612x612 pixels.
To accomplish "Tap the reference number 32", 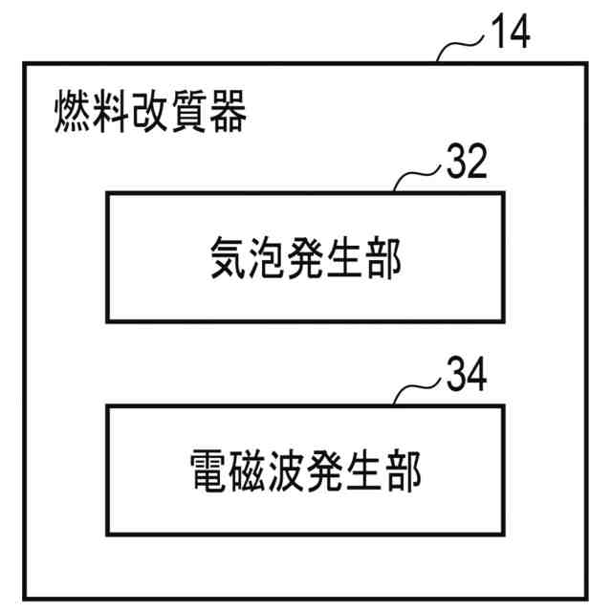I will pos(467,164).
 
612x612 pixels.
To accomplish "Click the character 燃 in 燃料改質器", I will pos(73,114).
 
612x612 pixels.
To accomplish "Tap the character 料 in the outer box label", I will pos(112,114).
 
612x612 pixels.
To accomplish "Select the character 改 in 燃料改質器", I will pos(151,114).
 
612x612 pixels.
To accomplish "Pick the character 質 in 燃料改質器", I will pos(190,114).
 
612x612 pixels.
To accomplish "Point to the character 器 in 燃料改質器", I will pos(229,114).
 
